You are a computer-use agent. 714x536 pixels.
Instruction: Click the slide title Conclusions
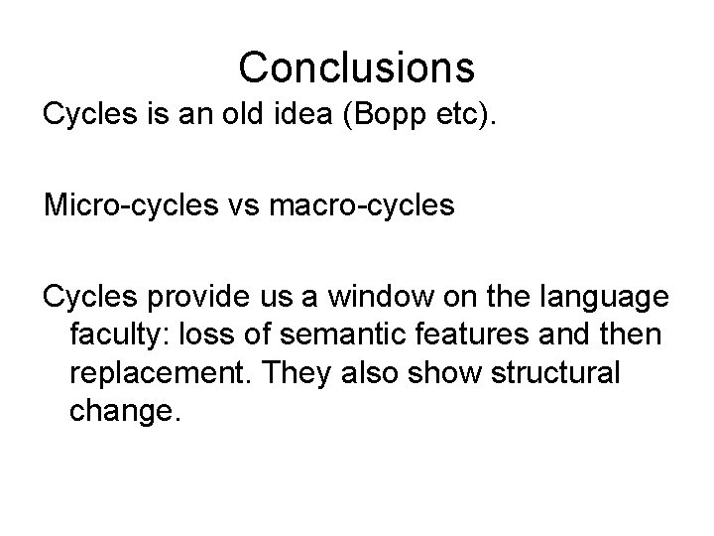tap(356, 67)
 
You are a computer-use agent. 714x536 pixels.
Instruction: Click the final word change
tap(123, 412)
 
